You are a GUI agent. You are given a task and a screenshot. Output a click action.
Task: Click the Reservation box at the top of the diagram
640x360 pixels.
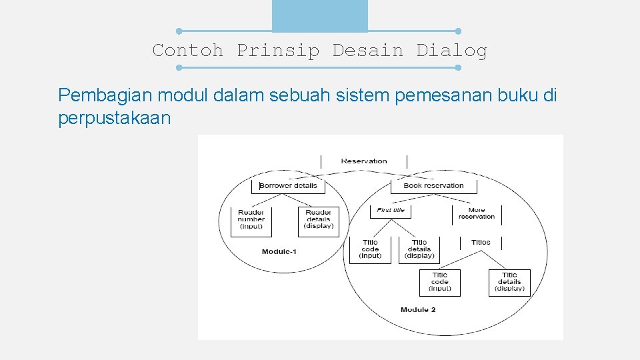tap(364, 161)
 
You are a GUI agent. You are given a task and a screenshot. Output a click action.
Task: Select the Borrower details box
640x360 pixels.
tap(288, 185)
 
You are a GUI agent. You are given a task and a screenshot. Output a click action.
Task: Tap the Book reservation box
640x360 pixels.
tap(433, 185)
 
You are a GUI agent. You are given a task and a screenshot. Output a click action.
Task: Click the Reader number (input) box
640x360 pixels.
tap(251, 219)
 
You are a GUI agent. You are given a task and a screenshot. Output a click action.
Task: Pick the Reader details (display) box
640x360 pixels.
tap(318, 219)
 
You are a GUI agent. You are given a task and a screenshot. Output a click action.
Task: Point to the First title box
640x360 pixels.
tap(391, 210)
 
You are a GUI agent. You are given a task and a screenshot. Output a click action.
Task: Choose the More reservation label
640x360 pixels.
tap(477, 213)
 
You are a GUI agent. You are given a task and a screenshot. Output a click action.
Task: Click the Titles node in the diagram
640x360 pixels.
tap(481, 242)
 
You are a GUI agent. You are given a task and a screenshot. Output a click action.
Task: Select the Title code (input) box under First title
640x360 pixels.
tap(370, 249)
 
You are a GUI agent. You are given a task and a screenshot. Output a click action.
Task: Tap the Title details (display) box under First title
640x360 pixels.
tap(419, 249)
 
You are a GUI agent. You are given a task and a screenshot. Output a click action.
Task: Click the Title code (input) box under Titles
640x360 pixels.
tap(440, 281)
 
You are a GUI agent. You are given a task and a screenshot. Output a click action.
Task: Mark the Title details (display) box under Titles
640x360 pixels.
tap(509, 281)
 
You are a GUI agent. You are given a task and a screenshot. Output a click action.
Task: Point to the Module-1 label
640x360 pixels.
tap(279, 251)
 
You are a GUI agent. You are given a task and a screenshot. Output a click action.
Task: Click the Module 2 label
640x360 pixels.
tap(418, 309)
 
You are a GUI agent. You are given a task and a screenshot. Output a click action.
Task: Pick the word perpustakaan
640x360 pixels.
tap(114, 119)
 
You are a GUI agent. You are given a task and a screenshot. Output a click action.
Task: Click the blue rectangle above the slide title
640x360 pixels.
tap(320, 15)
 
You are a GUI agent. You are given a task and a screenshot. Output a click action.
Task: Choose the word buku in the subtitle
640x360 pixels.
tap(519, 95)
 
